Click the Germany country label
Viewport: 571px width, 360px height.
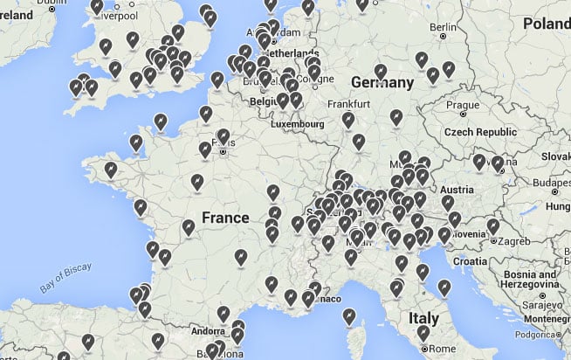point(382,82)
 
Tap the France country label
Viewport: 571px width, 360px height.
point(225,217)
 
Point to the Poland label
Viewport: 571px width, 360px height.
point(547,24)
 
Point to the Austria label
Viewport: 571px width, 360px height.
point(457,190)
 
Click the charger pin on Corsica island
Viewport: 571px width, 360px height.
point(350,315)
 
